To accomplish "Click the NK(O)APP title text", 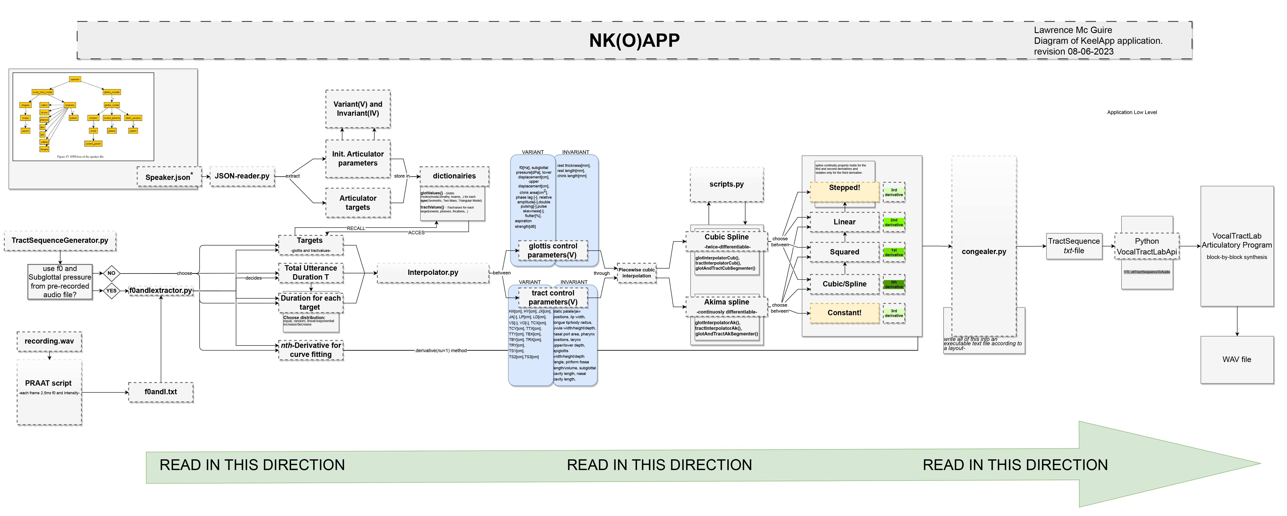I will (634, 41).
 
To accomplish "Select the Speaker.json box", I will (169, 177).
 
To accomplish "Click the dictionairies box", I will (454, 176).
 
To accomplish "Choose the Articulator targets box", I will (358, 202).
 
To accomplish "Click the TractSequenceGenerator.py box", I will (60, 240).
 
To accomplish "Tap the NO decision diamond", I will (111, 273).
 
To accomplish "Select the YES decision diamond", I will (111, 291).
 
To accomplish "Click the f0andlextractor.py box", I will (161, 291).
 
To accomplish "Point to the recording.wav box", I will (49, 341).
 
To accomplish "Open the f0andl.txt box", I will (161, 392).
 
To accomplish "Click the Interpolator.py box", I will (433, 272).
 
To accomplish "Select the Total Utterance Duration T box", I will (311, 272).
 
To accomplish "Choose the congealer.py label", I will (984, 251).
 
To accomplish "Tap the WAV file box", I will (1237, 359).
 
